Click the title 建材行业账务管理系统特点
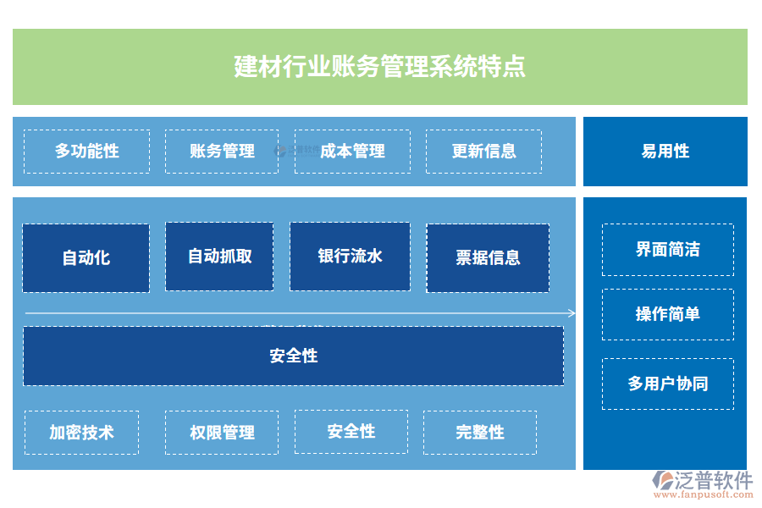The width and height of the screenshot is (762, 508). click(x=379, y=66)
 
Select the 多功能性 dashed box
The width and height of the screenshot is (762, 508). click(x=86, y=152)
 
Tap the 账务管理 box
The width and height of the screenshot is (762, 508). click(x=222, y=152)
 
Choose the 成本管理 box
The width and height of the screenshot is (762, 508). click(x=352, y=152)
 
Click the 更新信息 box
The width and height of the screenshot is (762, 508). click(x=483, y=152)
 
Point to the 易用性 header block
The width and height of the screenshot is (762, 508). click(x=665, y=152)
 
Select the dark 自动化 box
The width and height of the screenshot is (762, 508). click(x=86, y=258)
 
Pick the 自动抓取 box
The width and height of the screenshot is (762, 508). click(x=219, y=257)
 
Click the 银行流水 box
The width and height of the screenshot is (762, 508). click(x=350, y=257)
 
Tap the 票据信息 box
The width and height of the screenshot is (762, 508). click(x=488, y=258)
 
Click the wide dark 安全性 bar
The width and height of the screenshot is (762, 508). click(x=293, y=356)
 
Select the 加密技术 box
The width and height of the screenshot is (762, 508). click(x=81, y=433)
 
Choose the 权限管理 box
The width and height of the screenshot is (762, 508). click(x=222, y=433)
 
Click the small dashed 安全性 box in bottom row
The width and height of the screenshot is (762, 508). click(x=351, y=432)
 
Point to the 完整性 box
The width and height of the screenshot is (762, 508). click(x=479, y=433)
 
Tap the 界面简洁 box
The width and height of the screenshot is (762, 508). click(x=667, y=250)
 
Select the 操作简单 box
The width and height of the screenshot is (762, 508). click(x=667, y=314)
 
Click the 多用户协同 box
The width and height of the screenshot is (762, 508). click(x=667, y=384)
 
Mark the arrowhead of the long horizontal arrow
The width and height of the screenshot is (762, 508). click(x=572, y=313)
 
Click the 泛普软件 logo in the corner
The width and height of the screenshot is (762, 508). click(x=702, y=483)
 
